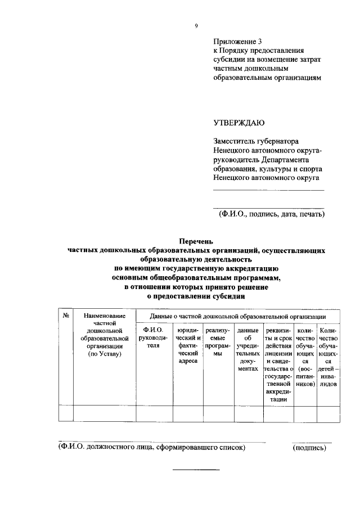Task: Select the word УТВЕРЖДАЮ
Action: pos(238,122)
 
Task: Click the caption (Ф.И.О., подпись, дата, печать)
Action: pos(271,214)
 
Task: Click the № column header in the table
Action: pos(66,317)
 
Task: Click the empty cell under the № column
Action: pos(66,412)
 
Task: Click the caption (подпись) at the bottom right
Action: pos(309,448)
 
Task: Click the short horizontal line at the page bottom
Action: pos(195,469)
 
